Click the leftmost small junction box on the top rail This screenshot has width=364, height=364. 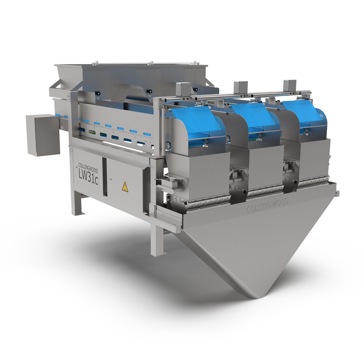coord(182,89)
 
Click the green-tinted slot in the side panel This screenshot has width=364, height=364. coord(92,132)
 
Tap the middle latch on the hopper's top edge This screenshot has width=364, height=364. coord(149,63)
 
